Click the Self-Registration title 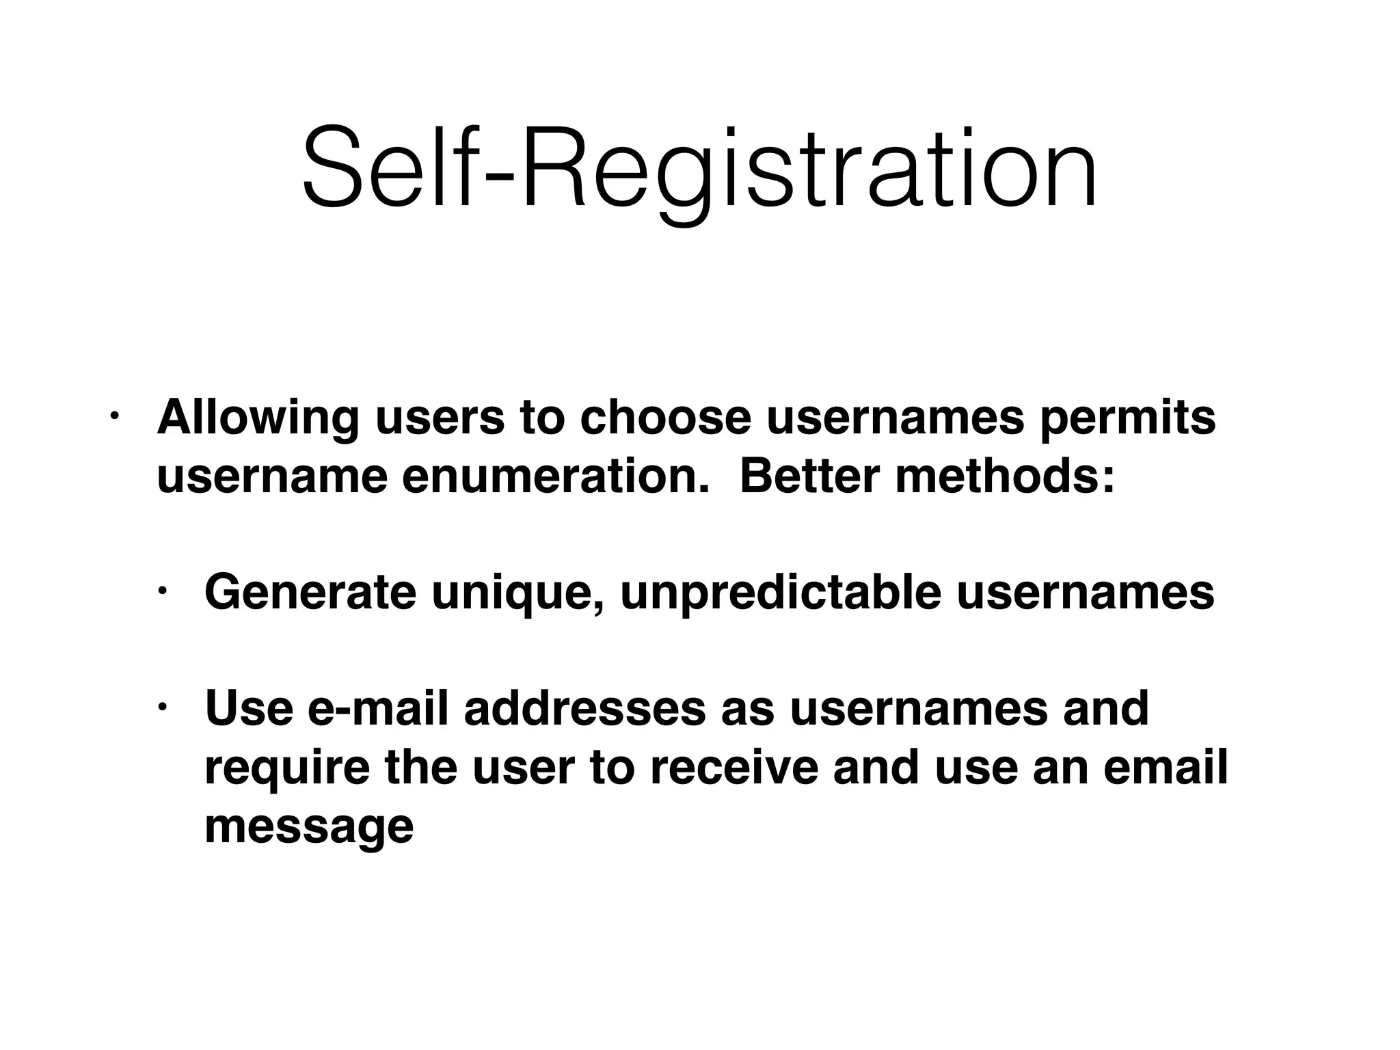[x=699, y=167]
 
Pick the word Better [x=809, y=476]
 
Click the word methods [x=1005, y=476]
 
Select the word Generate [x=310, y=593]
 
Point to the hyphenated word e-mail [x=378, y=709]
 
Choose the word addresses [x=584, y=709]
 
